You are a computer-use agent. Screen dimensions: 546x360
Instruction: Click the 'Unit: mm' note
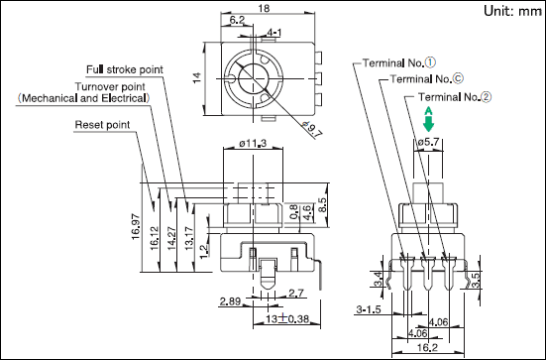pos(513,11)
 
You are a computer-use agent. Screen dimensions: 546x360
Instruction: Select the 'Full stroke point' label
pos(124,69)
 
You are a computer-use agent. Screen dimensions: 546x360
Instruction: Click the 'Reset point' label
pos(102,125)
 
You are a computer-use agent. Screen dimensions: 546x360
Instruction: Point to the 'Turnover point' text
pos(110,86)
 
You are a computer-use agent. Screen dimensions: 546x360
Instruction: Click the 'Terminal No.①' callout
pos(399,62)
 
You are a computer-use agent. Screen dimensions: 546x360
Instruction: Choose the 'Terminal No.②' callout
pos(455,97)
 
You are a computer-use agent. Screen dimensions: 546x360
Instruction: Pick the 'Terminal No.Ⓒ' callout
pos(427,79)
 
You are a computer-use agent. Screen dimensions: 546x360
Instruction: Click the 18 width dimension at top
pos(264,8)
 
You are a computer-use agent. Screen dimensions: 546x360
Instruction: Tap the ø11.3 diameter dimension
pos(253,143)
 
